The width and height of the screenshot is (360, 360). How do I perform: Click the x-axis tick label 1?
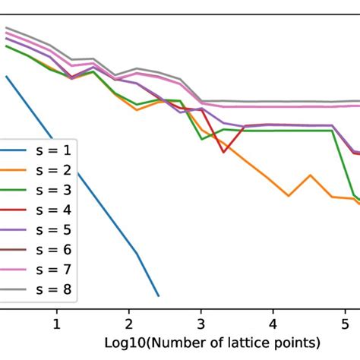pos(56,324)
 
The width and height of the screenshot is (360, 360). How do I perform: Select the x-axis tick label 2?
pos(128,324)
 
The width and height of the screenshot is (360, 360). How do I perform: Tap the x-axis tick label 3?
pos(201,324)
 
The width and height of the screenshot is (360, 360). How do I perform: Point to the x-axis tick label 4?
pos(273,324)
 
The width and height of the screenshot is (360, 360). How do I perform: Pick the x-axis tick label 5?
pos(345,324)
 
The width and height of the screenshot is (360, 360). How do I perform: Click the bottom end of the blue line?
pos(158,295)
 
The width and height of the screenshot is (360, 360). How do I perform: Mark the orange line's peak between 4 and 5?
pos(310,175)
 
